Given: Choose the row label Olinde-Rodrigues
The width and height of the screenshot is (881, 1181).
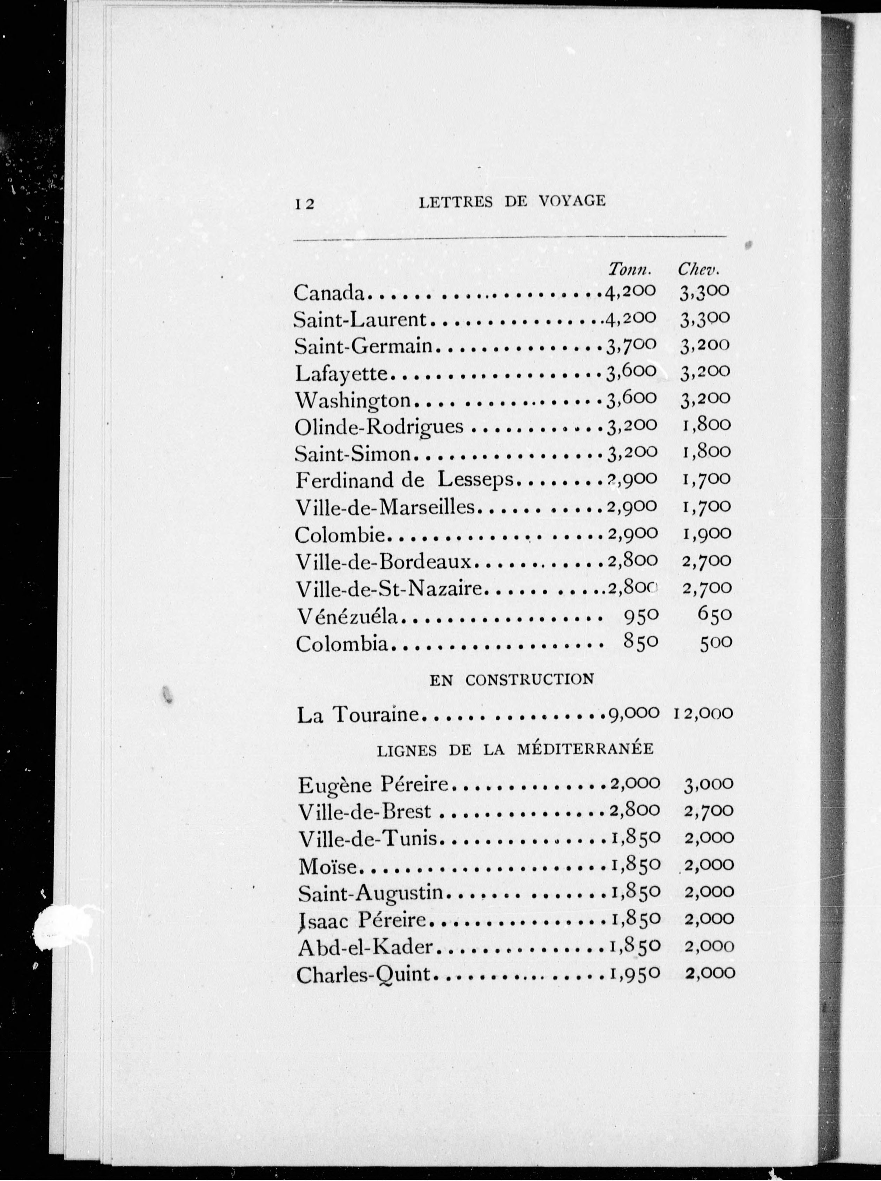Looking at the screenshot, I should [379, 427].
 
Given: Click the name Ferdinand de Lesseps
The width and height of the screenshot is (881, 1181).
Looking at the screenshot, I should [404, 481].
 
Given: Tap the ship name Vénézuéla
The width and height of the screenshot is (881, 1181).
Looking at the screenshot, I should [347, 616].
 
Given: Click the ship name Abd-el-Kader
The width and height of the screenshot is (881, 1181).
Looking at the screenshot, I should [365, 947].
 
